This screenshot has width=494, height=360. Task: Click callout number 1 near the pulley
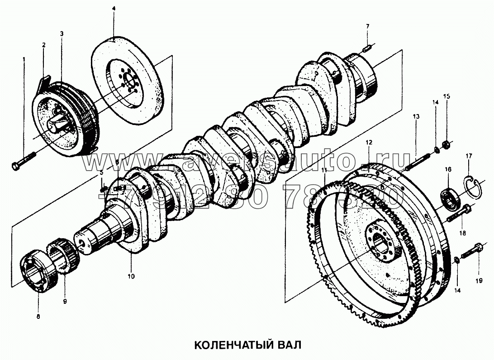point(24,59)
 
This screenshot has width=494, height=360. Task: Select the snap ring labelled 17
point(472,186)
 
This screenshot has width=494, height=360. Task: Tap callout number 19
point(479,281)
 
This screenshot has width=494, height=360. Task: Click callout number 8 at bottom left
point(38,317)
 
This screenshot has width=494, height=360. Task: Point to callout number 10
point(131,275)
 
